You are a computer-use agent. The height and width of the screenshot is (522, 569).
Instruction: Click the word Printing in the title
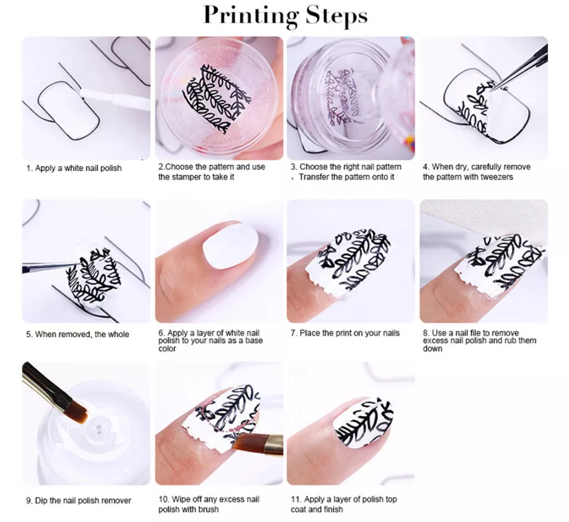[x=251, y=16]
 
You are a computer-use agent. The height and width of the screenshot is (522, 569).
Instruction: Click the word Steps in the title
[x=337, y=15]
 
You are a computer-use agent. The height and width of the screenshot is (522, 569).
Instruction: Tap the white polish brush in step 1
[x=115, y=99]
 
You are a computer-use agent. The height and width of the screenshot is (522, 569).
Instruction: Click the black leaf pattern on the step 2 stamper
[x=217, y=99]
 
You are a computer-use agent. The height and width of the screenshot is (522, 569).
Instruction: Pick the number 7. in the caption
[x=294, y=334]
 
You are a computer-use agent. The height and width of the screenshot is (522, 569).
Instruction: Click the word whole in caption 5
[x=118, y=334]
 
